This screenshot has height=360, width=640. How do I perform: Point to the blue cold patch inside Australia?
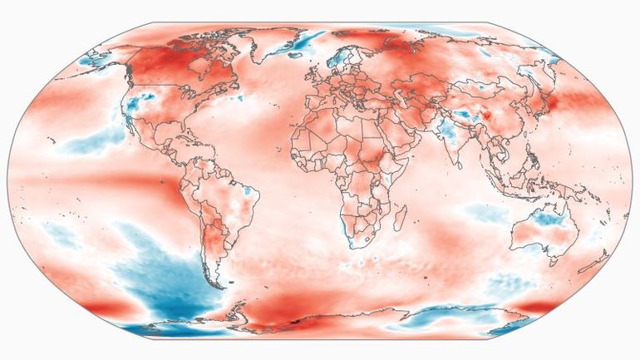click(x=548, y=220)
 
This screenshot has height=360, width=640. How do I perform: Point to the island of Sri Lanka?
click(x=458, y=164)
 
